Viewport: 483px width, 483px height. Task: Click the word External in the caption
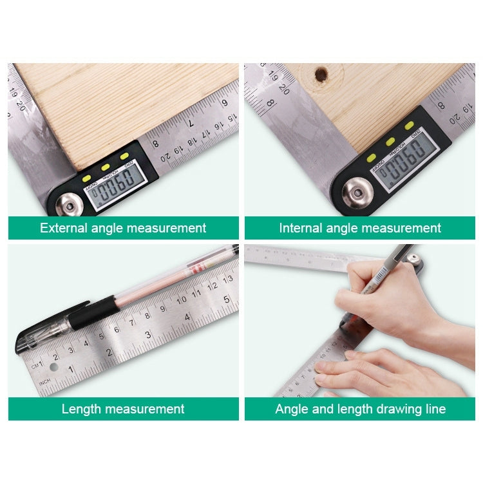pyautogui.click(x=63, y=228)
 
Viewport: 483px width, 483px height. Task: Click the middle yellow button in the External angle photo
pyautogui.click(x=104, y=167)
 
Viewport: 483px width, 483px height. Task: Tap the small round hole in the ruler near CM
pyautogui.click(x=53, y=366)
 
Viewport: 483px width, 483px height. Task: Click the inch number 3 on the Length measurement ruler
pyautogui.click(x=147, y=334)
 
